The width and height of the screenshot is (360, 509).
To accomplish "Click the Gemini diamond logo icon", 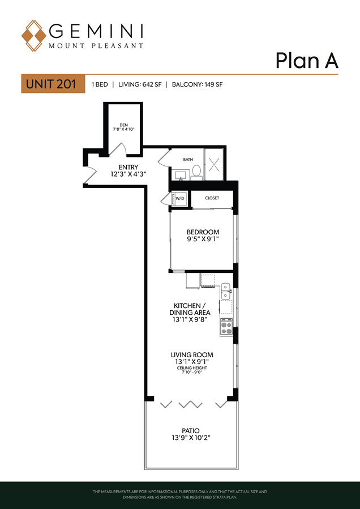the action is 33,36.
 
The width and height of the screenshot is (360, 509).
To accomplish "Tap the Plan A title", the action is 307,61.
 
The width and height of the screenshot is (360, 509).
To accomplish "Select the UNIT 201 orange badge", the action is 53,84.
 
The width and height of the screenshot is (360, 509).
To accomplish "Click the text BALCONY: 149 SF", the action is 197,85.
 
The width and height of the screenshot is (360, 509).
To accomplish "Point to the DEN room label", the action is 123,125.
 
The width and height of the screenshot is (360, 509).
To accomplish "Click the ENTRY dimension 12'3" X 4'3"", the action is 128,174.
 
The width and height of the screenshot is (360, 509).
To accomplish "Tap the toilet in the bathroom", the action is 196,172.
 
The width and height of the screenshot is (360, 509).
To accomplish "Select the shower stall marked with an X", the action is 213,165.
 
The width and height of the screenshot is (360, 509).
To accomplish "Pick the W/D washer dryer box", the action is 179,199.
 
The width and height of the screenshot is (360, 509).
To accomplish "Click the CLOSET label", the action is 212,198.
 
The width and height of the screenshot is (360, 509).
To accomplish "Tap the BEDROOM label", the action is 203,232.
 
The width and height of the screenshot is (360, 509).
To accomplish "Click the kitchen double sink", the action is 226,291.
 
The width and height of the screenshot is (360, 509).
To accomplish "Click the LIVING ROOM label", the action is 192,355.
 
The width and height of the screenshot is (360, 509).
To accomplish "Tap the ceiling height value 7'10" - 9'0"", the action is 192,372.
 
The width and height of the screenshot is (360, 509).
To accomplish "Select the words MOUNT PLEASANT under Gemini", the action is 96,46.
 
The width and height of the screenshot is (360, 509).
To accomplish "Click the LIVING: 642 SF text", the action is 140,85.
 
